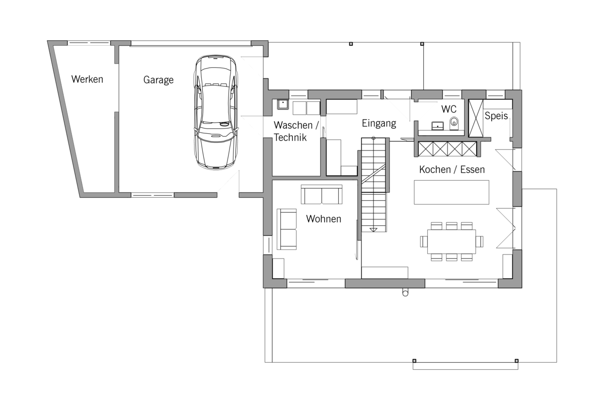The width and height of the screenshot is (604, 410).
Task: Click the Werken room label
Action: (x=87, y=79)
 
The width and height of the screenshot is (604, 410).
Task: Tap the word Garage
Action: (x=158, y=80)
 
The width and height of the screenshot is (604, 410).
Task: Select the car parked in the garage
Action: (x=216, y=112)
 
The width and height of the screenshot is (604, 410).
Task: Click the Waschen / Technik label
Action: (x=296, y=131)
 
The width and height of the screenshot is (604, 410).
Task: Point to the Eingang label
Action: (x=379, y=123)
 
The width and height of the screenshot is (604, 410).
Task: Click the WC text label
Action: (x=448, y=109)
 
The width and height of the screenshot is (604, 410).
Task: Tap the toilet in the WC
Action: (x=454, y=123)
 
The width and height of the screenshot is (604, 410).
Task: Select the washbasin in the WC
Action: (x=437, y=126)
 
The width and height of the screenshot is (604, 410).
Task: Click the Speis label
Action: (x=496, y=116)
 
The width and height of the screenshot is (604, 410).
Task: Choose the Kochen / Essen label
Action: (x=452, y=170)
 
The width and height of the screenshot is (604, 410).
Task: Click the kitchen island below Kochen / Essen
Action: (x=451, y=193)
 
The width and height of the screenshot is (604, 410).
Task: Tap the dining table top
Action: (x=451, y=241)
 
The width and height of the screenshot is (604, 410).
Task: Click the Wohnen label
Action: (x=324, y=219)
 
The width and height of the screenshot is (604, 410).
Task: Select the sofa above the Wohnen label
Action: (x=322, y=194)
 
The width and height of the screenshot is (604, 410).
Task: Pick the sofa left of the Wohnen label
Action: (x=286, y=229)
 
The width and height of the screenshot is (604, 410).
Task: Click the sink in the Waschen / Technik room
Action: (x=283, y=104)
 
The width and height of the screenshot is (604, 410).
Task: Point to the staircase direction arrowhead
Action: (x=373, y=230)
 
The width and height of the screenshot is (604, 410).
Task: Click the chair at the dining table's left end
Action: (x=424, y=241)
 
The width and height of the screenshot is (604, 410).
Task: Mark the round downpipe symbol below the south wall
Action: (x=405, y=292)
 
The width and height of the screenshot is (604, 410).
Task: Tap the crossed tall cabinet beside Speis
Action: (x=476, y=118)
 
